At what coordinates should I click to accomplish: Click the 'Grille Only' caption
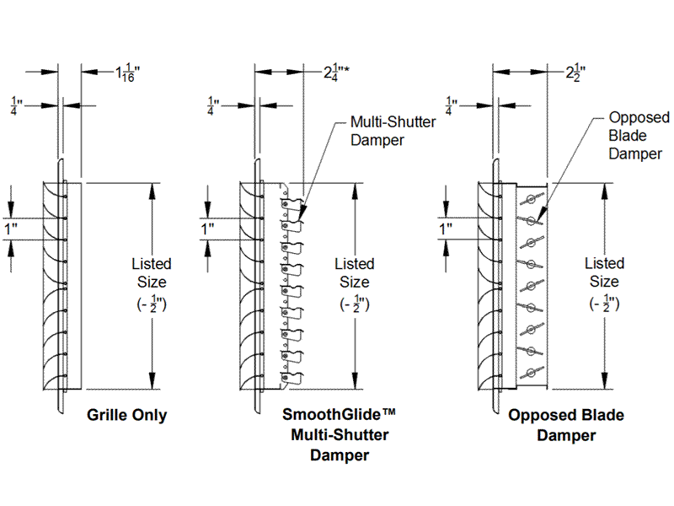click(127, 415)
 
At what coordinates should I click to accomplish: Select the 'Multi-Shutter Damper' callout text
click(393, 131)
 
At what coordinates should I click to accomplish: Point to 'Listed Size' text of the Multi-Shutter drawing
click(354, 273)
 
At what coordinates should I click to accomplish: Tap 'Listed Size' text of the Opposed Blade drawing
click(604, 273)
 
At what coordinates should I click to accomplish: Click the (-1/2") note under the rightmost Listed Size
click(604, 304)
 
